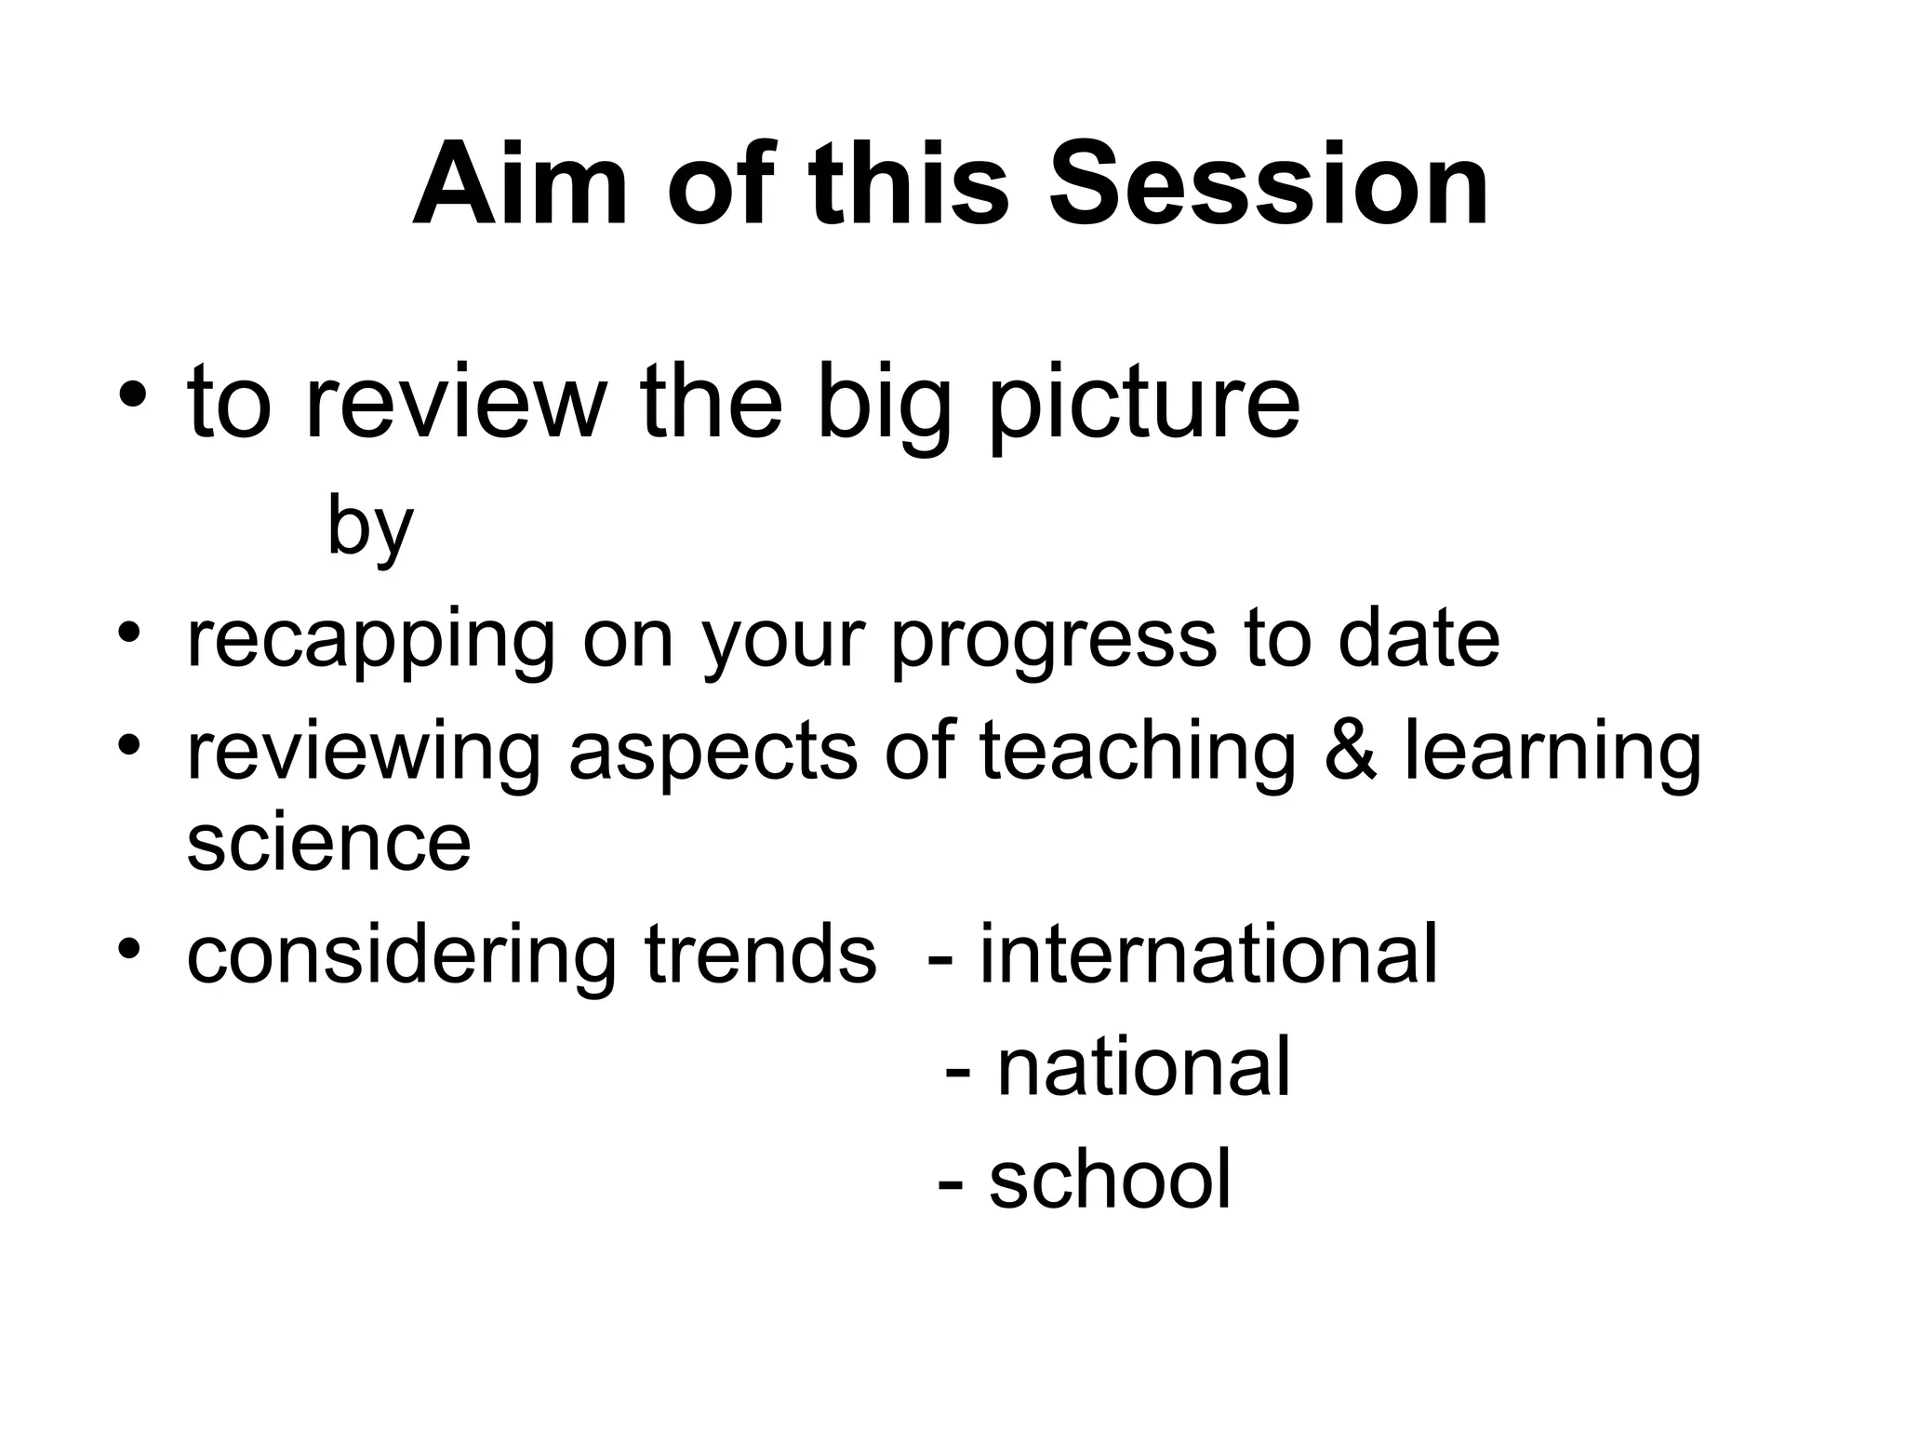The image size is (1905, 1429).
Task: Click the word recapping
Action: point(370,642)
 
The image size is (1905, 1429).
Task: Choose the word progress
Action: point(1053,642)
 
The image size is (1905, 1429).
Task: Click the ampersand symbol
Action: point(1350,751)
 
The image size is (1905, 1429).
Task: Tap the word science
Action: point(329,842)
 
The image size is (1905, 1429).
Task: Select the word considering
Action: point(400,955)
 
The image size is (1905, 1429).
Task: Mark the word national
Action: point(1143,1068)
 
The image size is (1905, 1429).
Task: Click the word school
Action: point(1110,1179)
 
